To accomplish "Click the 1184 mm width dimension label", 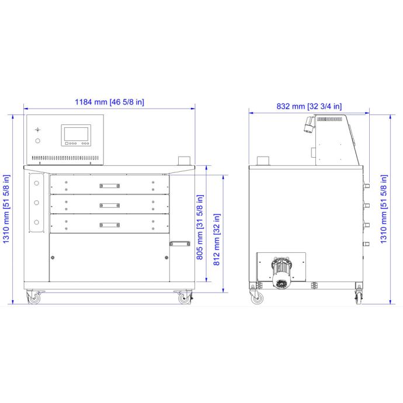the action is coord(109,102).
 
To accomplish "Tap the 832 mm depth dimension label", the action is coord(309,106).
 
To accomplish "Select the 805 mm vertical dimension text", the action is coord(200,227).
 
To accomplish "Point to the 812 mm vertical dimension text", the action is coord(217,239).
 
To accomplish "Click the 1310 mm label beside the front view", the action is coord(6,209).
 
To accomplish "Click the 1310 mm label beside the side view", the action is coord(383,209).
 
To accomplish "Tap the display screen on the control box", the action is coord(76,134).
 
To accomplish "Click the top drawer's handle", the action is coord(109,186).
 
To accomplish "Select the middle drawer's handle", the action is coord(109,206).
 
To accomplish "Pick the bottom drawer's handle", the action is coord(109,225).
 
